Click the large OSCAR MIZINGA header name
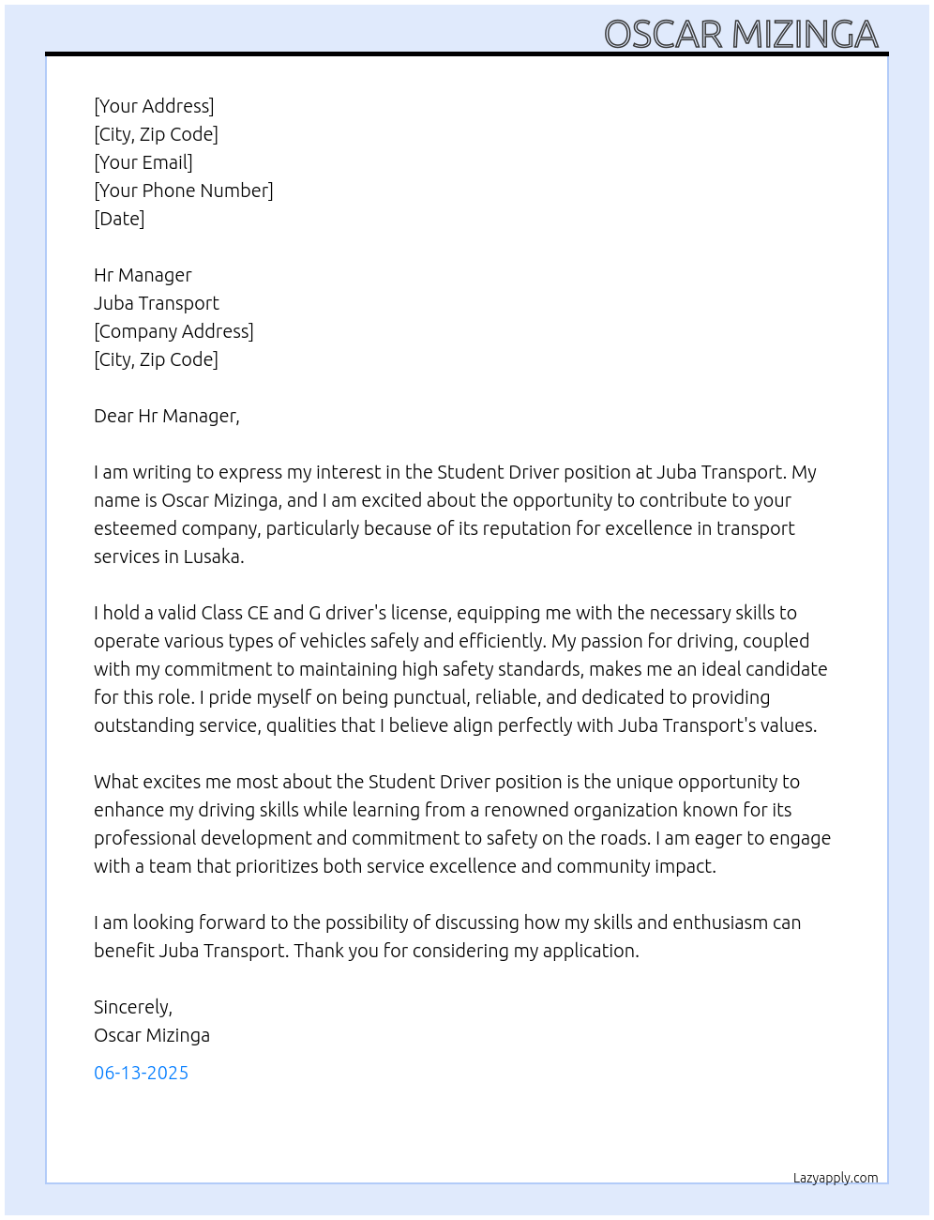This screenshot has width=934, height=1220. pos(741,35)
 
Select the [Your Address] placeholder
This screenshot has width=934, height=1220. pos(154,106)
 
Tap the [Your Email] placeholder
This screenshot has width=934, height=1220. pos(143,162)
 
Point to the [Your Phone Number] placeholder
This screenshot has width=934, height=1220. pos(184,191)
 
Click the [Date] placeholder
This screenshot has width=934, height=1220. pos(119,219)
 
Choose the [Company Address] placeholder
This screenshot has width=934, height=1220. pos(173,331)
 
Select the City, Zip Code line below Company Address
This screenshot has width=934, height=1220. pos(156,359)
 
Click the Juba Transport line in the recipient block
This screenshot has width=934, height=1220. pos(157,303)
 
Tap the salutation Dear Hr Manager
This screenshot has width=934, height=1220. pos(166,416)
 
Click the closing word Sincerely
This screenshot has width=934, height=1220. pos(132,1007)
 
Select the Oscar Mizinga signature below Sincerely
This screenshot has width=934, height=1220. pos(152,1035)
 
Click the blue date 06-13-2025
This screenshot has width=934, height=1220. pos(141,1073)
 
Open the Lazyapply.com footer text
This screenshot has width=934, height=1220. pos(836,1178)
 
